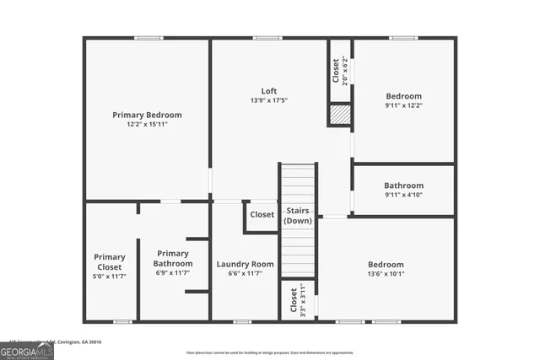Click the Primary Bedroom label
coord(147,115)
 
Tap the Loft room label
coord(268,91)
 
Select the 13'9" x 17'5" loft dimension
coord(268,101)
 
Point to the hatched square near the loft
coord(339,115)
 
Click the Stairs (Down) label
coord(297,215)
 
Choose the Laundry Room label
coord(245,264)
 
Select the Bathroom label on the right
coord(403,185)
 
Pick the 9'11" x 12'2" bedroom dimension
coord(403,106)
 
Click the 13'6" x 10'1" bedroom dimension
coord(386,273)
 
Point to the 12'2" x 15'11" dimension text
coord(147,125)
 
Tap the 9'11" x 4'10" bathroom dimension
coord(403,195)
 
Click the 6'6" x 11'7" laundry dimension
coord(245,273)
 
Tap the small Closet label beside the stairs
coord(262,215)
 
